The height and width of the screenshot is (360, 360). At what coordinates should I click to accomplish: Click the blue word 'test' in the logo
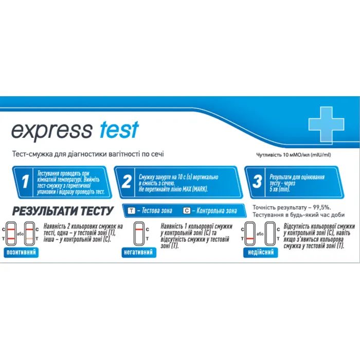click(117, 130)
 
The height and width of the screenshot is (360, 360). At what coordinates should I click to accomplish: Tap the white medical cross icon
click(326, 123)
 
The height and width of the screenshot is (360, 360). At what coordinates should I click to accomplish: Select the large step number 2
click(125, 182)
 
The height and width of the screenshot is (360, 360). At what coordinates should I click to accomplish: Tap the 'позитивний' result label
click(22, 252)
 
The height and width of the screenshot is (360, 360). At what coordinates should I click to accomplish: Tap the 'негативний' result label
click(139, 252)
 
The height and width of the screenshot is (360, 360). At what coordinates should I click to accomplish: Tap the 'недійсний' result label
click(261, 252)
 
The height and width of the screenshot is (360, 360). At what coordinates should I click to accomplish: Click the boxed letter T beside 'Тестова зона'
click(132, 210)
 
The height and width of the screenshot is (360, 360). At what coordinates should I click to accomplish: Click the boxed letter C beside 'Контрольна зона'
click(186, 210)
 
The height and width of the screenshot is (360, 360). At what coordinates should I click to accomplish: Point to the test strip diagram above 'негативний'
click(138, 234)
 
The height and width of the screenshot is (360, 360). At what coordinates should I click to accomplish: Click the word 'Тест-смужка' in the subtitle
click(31, 154)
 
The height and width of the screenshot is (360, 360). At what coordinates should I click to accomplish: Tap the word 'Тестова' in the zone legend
click(152, 210)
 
